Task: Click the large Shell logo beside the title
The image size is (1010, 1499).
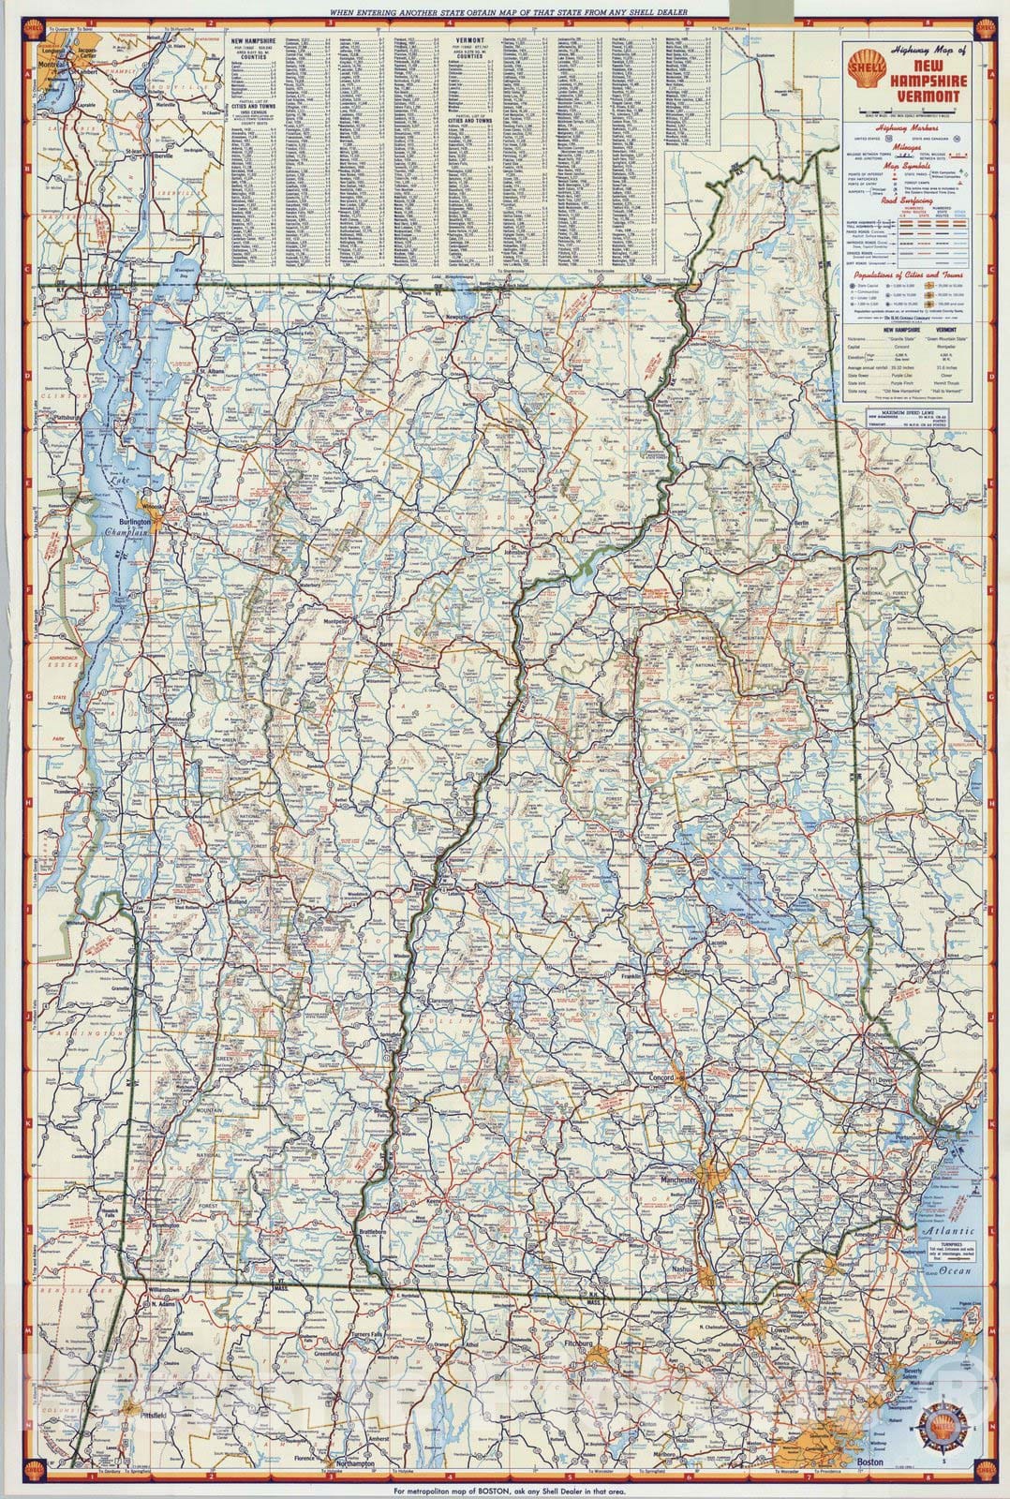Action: click(860, 67)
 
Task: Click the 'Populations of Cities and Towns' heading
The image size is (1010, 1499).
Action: click(904, 279)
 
